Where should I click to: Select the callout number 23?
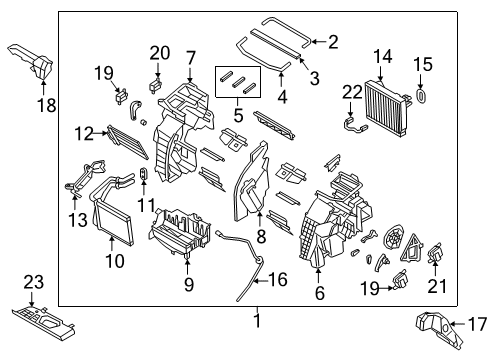coord(34,284)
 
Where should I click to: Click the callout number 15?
coord(423,64)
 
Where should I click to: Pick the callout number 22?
coord(349,93)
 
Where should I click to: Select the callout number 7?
coord(190,58)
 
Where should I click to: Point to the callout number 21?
coord(435,288)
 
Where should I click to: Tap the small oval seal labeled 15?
coord(422,96)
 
